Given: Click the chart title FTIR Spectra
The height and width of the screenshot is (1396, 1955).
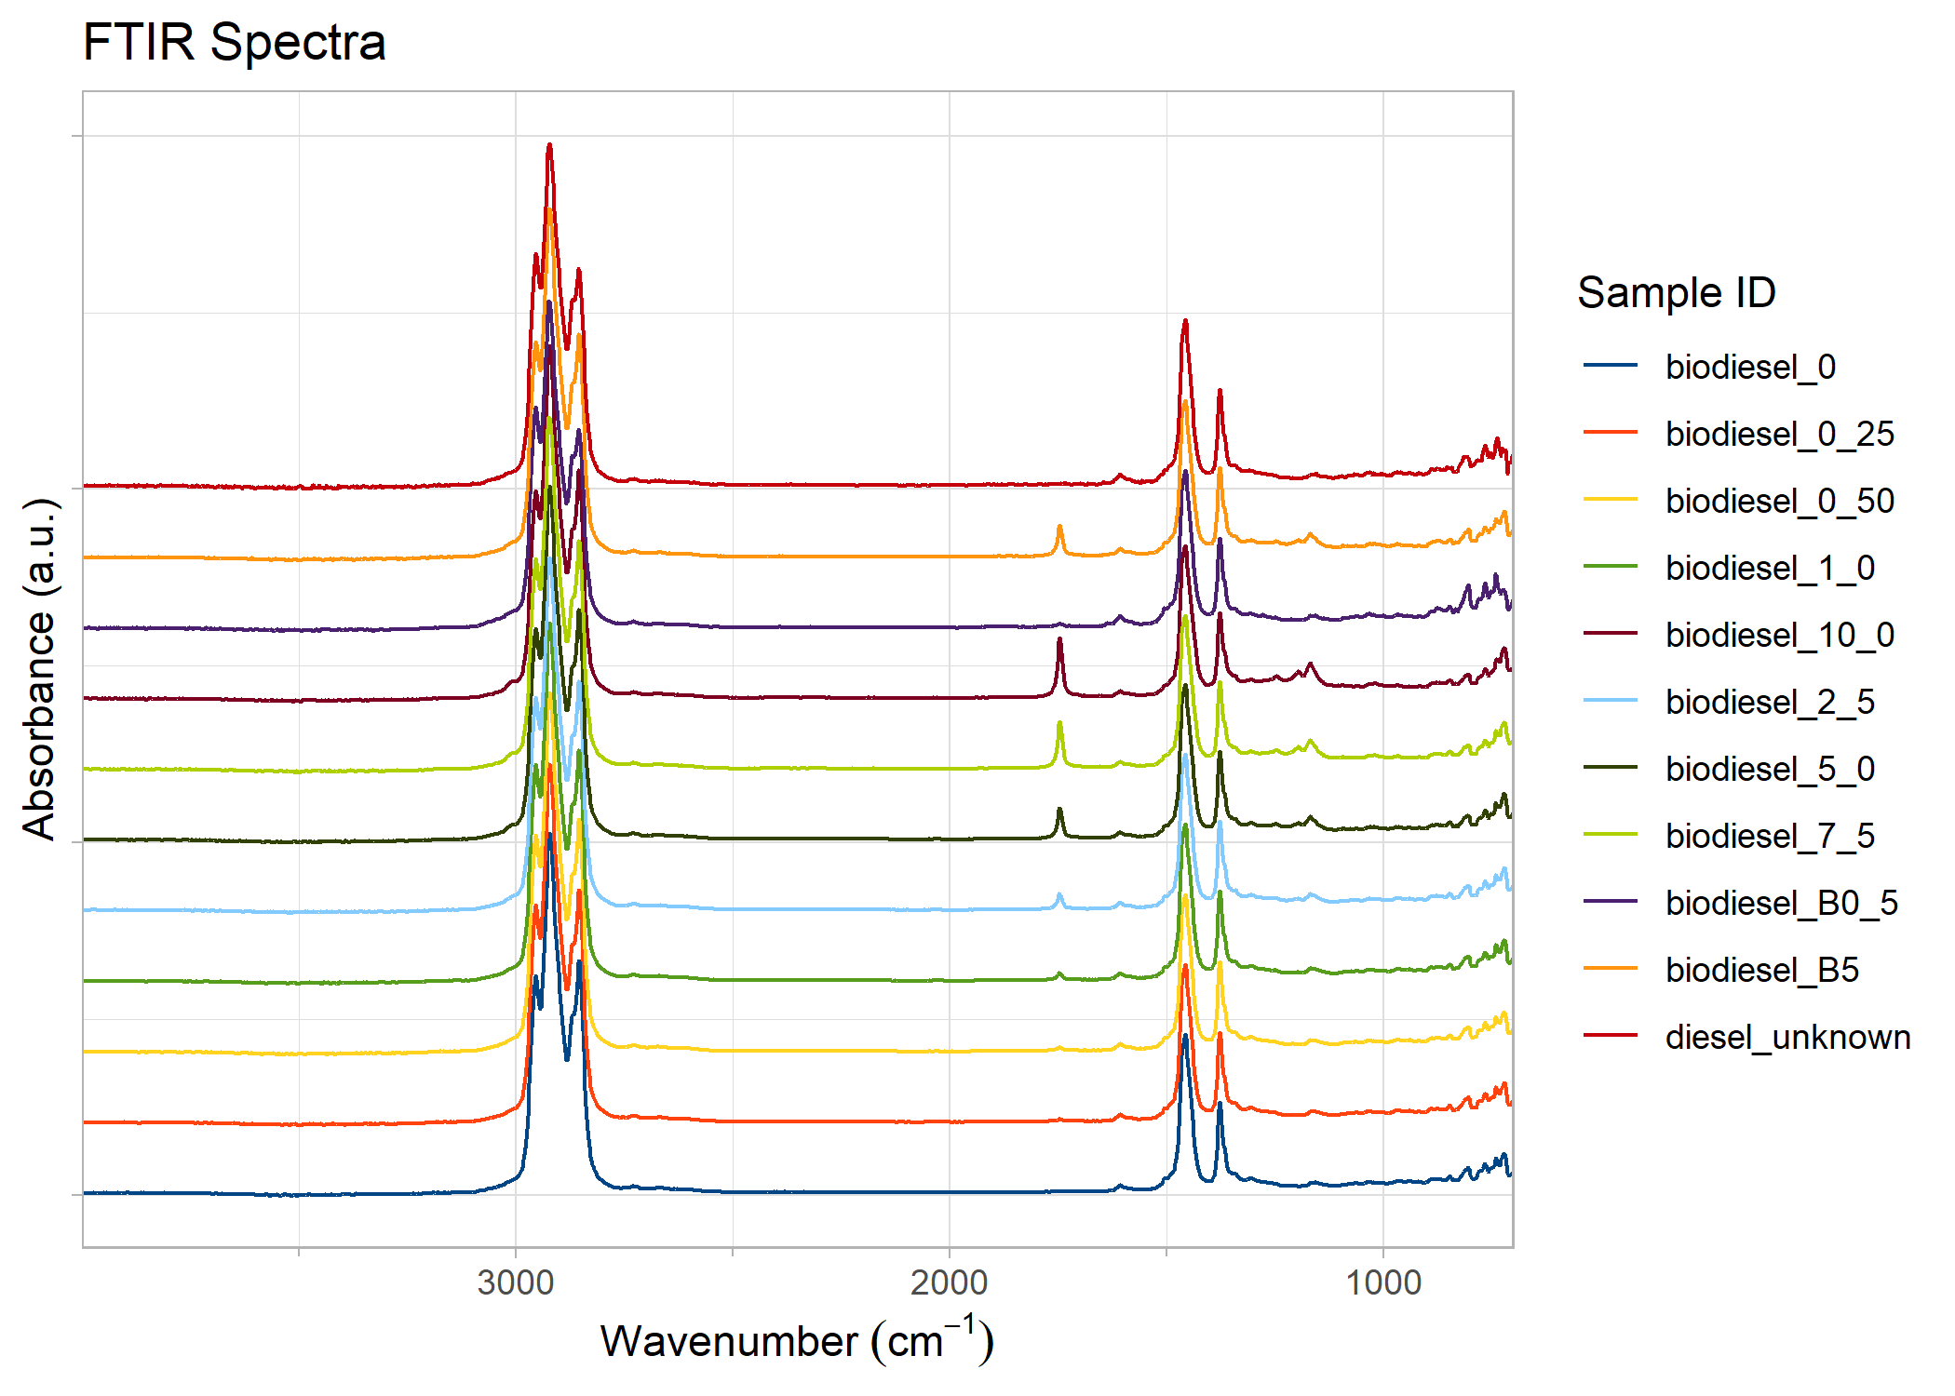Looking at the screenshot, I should point(234,43).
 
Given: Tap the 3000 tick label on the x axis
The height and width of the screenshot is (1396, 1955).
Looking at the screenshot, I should point(515,1282).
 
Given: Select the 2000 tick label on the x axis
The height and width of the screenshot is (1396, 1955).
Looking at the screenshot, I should point(949,1282).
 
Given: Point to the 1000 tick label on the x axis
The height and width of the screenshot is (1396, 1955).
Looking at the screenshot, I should point(1383,1282).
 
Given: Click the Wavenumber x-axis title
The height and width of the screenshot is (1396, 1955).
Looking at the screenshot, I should point(797,1340).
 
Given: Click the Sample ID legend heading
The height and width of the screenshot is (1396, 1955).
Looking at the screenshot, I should point(1676,293).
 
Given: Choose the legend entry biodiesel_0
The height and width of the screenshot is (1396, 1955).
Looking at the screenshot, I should point(1750,367).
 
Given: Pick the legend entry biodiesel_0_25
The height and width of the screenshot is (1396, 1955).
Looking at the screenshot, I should point(1779,434).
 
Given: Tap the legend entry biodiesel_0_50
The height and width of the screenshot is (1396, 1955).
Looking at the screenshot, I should point(1779,501).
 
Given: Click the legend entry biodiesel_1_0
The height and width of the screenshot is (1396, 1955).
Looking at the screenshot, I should point(1770,568).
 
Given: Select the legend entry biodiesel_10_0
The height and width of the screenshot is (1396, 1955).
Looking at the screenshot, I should point(1779,635).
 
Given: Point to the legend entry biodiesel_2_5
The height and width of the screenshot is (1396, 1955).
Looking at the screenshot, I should point(1770,702).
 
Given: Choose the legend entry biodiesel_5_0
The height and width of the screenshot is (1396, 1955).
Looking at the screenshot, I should point(1770,769).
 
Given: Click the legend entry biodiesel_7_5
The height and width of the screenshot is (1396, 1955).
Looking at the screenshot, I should point(1770,836).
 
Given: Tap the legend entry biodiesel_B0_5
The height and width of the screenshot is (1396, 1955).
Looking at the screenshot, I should point(1781,903).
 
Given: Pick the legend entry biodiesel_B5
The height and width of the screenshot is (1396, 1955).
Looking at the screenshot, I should point(1761,970).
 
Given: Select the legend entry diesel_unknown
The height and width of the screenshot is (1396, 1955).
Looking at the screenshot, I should point(1787,1037).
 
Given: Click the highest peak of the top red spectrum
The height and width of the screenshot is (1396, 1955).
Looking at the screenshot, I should point(549,146).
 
